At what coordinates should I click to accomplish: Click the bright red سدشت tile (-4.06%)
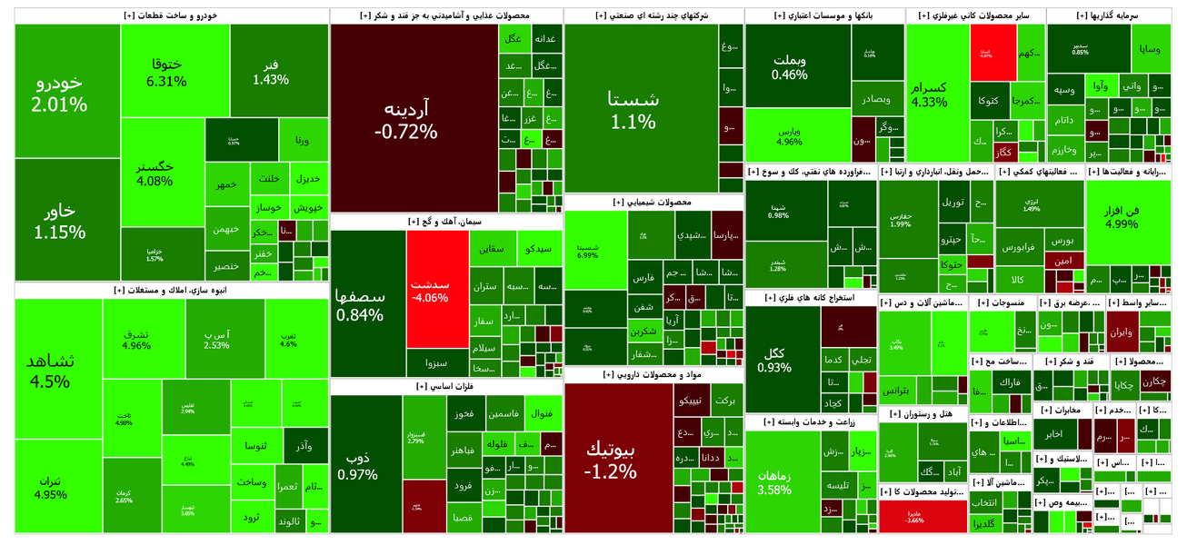436,288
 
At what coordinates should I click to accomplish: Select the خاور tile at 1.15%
59,220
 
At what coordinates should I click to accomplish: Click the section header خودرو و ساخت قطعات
171,15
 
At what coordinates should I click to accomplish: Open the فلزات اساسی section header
445,386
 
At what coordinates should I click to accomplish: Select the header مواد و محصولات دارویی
653,374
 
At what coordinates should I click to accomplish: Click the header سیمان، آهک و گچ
445,221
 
